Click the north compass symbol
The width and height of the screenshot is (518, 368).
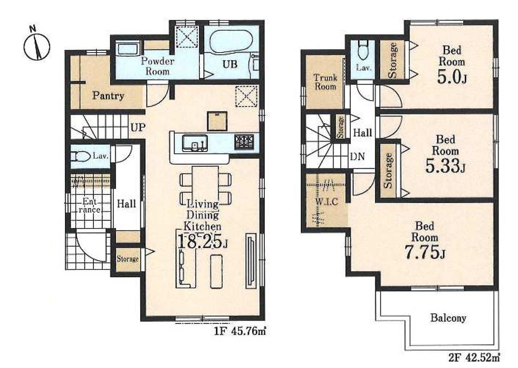(37, 45)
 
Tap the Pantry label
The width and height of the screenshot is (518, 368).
(108, 96)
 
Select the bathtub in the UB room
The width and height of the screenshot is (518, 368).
(231, 41)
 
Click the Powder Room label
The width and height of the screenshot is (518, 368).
(157, 66)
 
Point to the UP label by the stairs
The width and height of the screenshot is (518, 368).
(138, 127)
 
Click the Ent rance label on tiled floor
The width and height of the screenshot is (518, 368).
(89, 205)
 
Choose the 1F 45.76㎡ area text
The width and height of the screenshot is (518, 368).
(240, 331)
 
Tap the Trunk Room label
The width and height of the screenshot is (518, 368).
(325, 82)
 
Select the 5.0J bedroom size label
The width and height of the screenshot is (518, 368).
(452, 78)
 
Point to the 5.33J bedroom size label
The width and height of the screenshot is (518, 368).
(445, 166)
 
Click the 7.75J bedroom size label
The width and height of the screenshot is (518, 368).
(425, 252)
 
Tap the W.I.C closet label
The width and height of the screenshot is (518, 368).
(327, 201)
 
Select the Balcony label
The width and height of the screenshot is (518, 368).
(448, 318)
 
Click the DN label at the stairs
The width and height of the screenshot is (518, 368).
(358, 156)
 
